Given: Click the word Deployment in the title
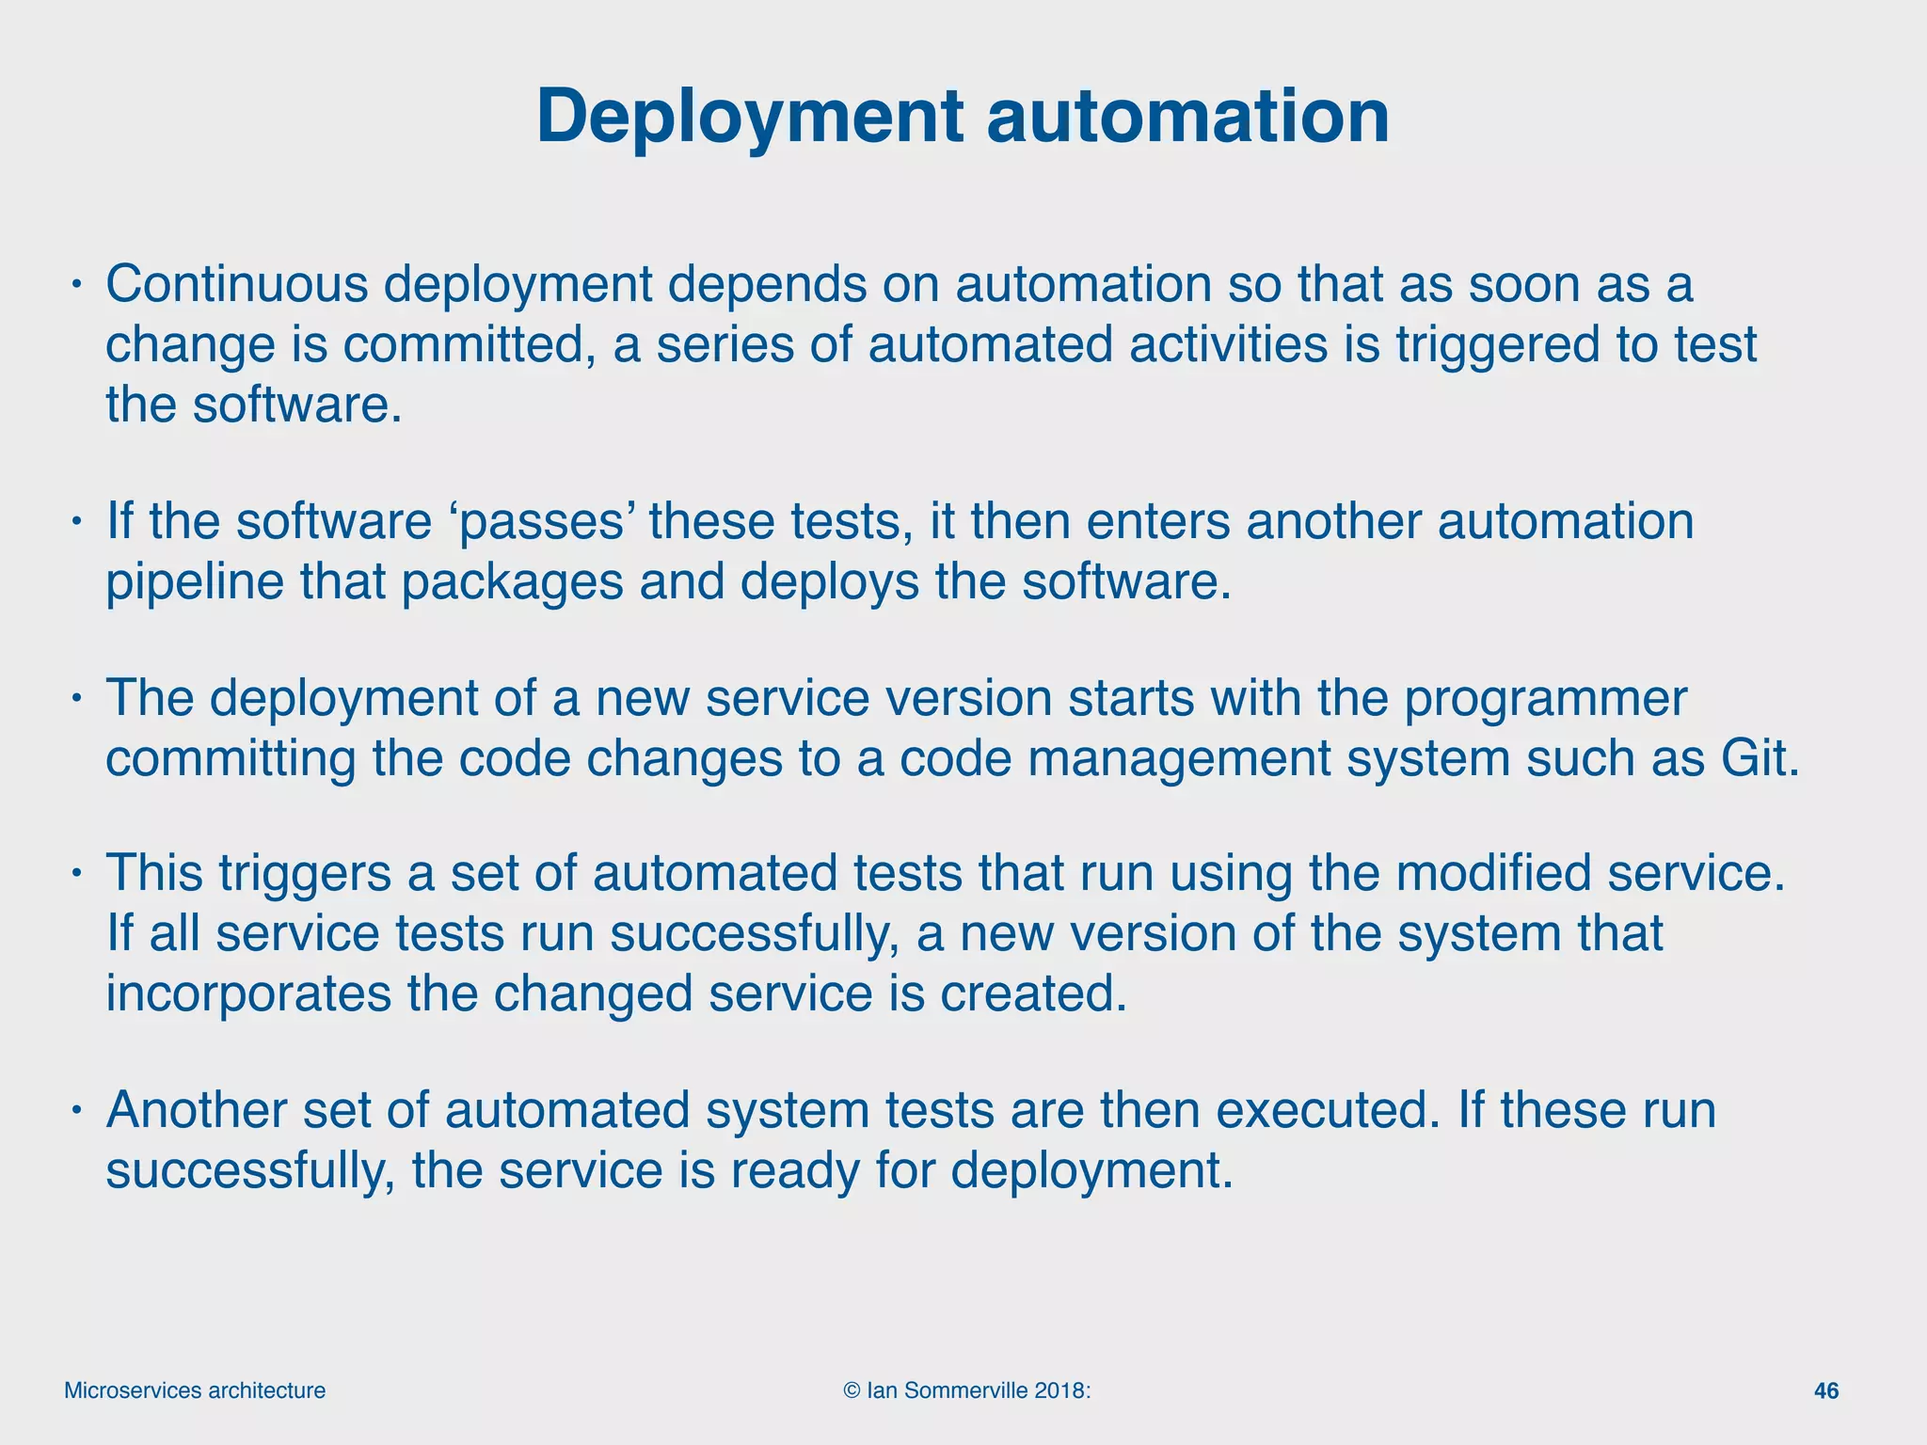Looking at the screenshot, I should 750,117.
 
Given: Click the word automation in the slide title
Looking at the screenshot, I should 1187,117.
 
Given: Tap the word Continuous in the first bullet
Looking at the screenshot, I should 236,284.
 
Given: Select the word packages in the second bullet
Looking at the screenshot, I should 512,582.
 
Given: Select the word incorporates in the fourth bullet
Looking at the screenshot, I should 247,993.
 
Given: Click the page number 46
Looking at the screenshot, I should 1825,1390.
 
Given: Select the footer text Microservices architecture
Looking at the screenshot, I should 195,1390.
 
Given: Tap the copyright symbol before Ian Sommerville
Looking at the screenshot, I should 852,1390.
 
